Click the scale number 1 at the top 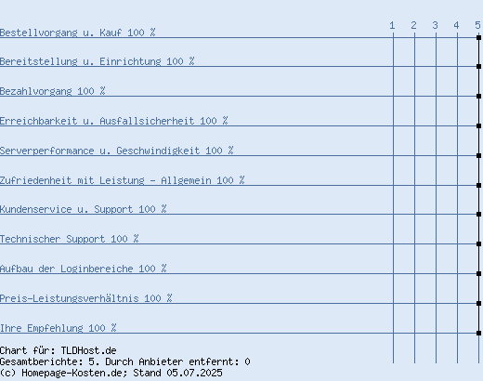[392, 25]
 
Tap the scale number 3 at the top [435, 25]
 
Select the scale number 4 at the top [456, 25]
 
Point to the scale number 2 [413, 25]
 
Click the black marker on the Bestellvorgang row [478, 37]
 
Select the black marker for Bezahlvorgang [478, 96]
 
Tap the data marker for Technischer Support [478, 243]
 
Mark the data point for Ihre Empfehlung [478, 333]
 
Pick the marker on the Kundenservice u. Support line [478, 214]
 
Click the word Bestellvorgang [38, 33]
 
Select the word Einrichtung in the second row [130, 61]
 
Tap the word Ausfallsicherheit [147, 121]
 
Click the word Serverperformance [46, 151]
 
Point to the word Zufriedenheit [35, 180]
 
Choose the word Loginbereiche [97, 269]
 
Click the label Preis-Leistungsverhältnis [70, 298]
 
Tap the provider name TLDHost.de [88, 350]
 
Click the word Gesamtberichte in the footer [41, 361]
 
